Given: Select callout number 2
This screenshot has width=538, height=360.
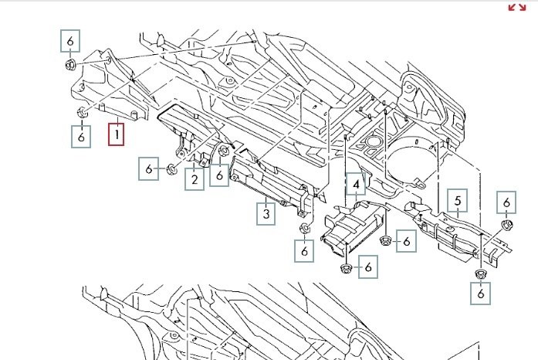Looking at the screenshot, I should pos(194,179).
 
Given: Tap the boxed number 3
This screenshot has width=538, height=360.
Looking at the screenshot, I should pos(266,213).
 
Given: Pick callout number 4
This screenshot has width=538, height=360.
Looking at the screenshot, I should pos(356,185).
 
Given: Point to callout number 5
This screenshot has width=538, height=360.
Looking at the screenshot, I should pos(458,202).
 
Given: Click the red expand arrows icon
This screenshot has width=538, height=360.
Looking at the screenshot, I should pos(516,7).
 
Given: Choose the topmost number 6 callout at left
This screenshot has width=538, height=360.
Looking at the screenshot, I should pos(70,40).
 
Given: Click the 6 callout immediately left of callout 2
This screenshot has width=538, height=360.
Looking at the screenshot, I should pos(149,168).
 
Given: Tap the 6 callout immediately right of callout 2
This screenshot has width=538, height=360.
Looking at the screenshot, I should pos(220,176).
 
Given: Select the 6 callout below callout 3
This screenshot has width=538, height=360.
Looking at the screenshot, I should pos(304,251).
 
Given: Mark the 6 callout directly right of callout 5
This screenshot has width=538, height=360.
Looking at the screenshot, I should pos(506,202).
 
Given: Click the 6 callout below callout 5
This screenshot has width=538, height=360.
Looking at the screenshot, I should pos(480,293).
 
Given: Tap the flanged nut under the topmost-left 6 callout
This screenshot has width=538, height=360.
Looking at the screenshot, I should pos(69,63).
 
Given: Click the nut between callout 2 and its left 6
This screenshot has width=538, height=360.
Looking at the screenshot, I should pos(171,168).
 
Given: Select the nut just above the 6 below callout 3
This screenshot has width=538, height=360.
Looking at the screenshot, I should pos(304,228).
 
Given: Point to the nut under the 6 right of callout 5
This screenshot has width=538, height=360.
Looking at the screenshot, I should pos(507,225).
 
